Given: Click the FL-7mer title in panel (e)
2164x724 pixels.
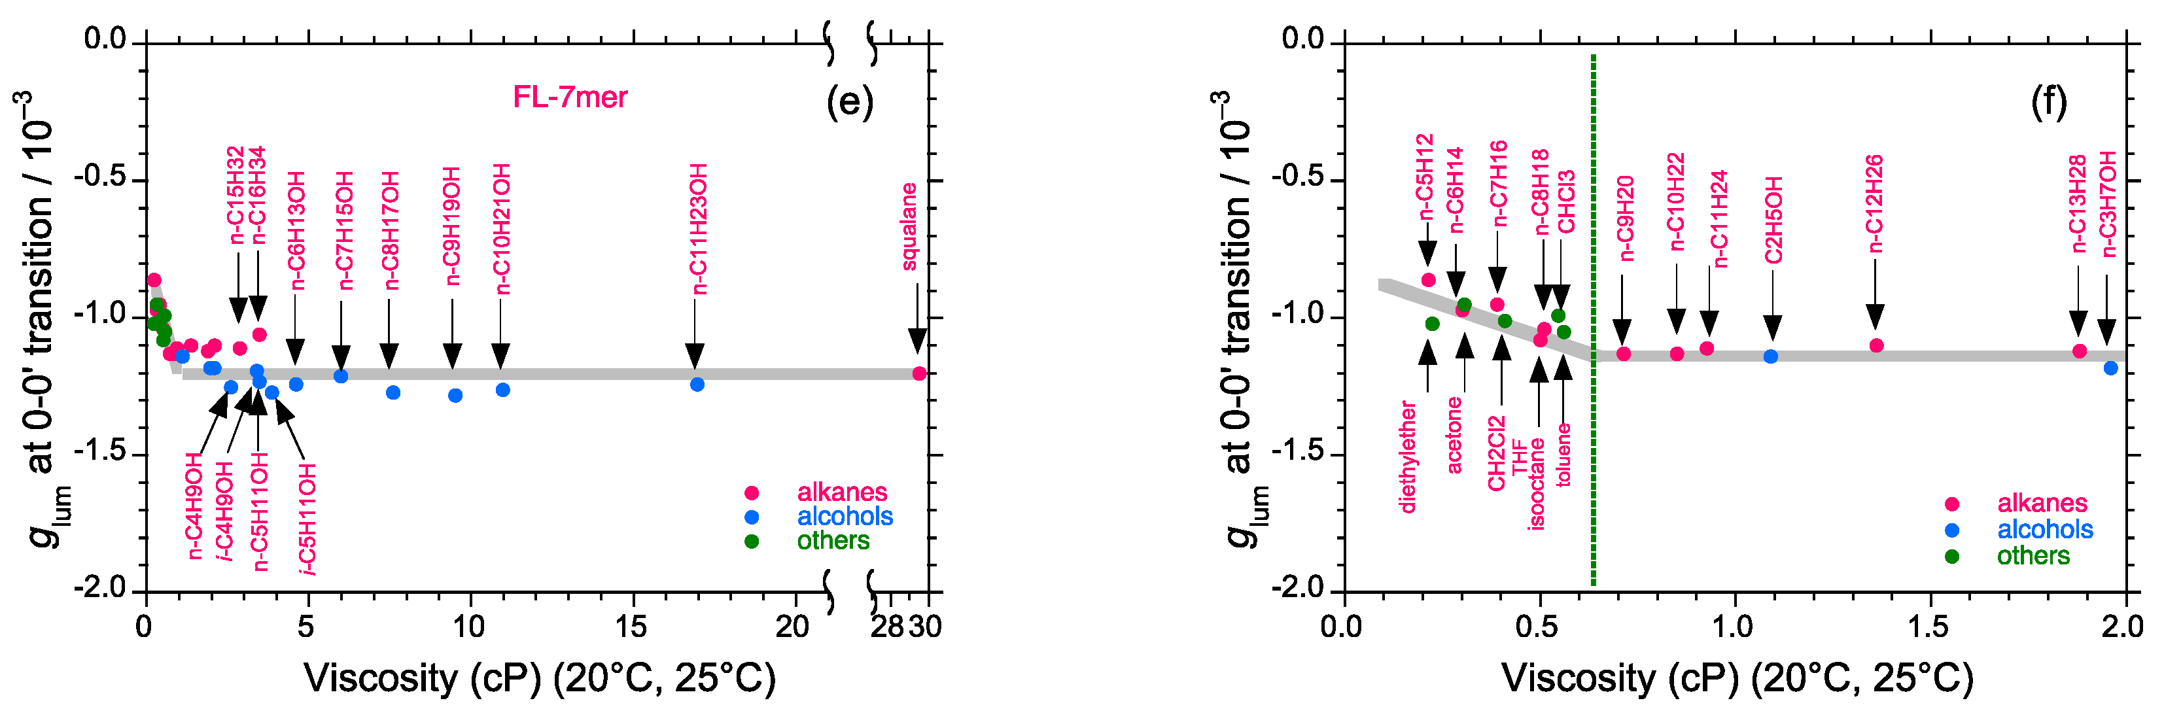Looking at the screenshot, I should click(x=570, y=97).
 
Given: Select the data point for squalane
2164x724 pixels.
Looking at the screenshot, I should click(x=919, y=373).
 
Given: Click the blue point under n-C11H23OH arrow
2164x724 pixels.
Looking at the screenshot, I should click(x=697, y=384).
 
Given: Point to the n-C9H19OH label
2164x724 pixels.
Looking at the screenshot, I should click(x=452, y=226).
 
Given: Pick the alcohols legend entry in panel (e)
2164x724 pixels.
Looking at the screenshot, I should click(x=845, y=516).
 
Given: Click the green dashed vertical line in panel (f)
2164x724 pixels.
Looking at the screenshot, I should click(x=1593, y=319).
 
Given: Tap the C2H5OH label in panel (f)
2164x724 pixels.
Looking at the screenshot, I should click(x=1773, y=220).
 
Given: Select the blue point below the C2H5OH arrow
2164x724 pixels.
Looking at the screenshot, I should click(x=1770, y=356).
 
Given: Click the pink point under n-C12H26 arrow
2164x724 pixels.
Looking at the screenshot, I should click(x=1876, y=345).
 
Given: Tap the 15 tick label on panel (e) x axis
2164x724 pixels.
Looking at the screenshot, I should click(x=631, y=626).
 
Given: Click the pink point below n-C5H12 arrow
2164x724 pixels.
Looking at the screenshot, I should click(x=1428, y=280).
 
